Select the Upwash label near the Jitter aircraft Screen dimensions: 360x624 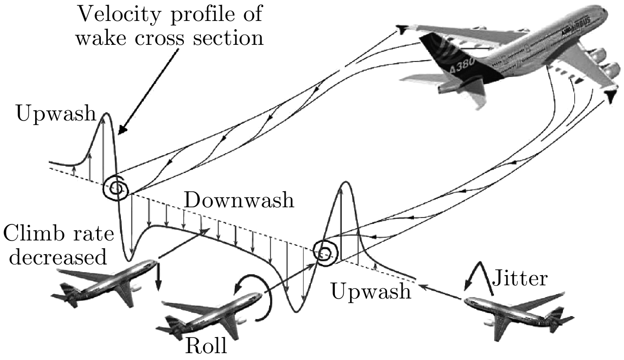370,291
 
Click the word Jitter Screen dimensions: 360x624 520,279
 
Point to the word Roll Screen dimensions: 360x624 206,345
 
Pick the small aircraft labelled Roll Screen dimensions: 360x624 210,316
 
